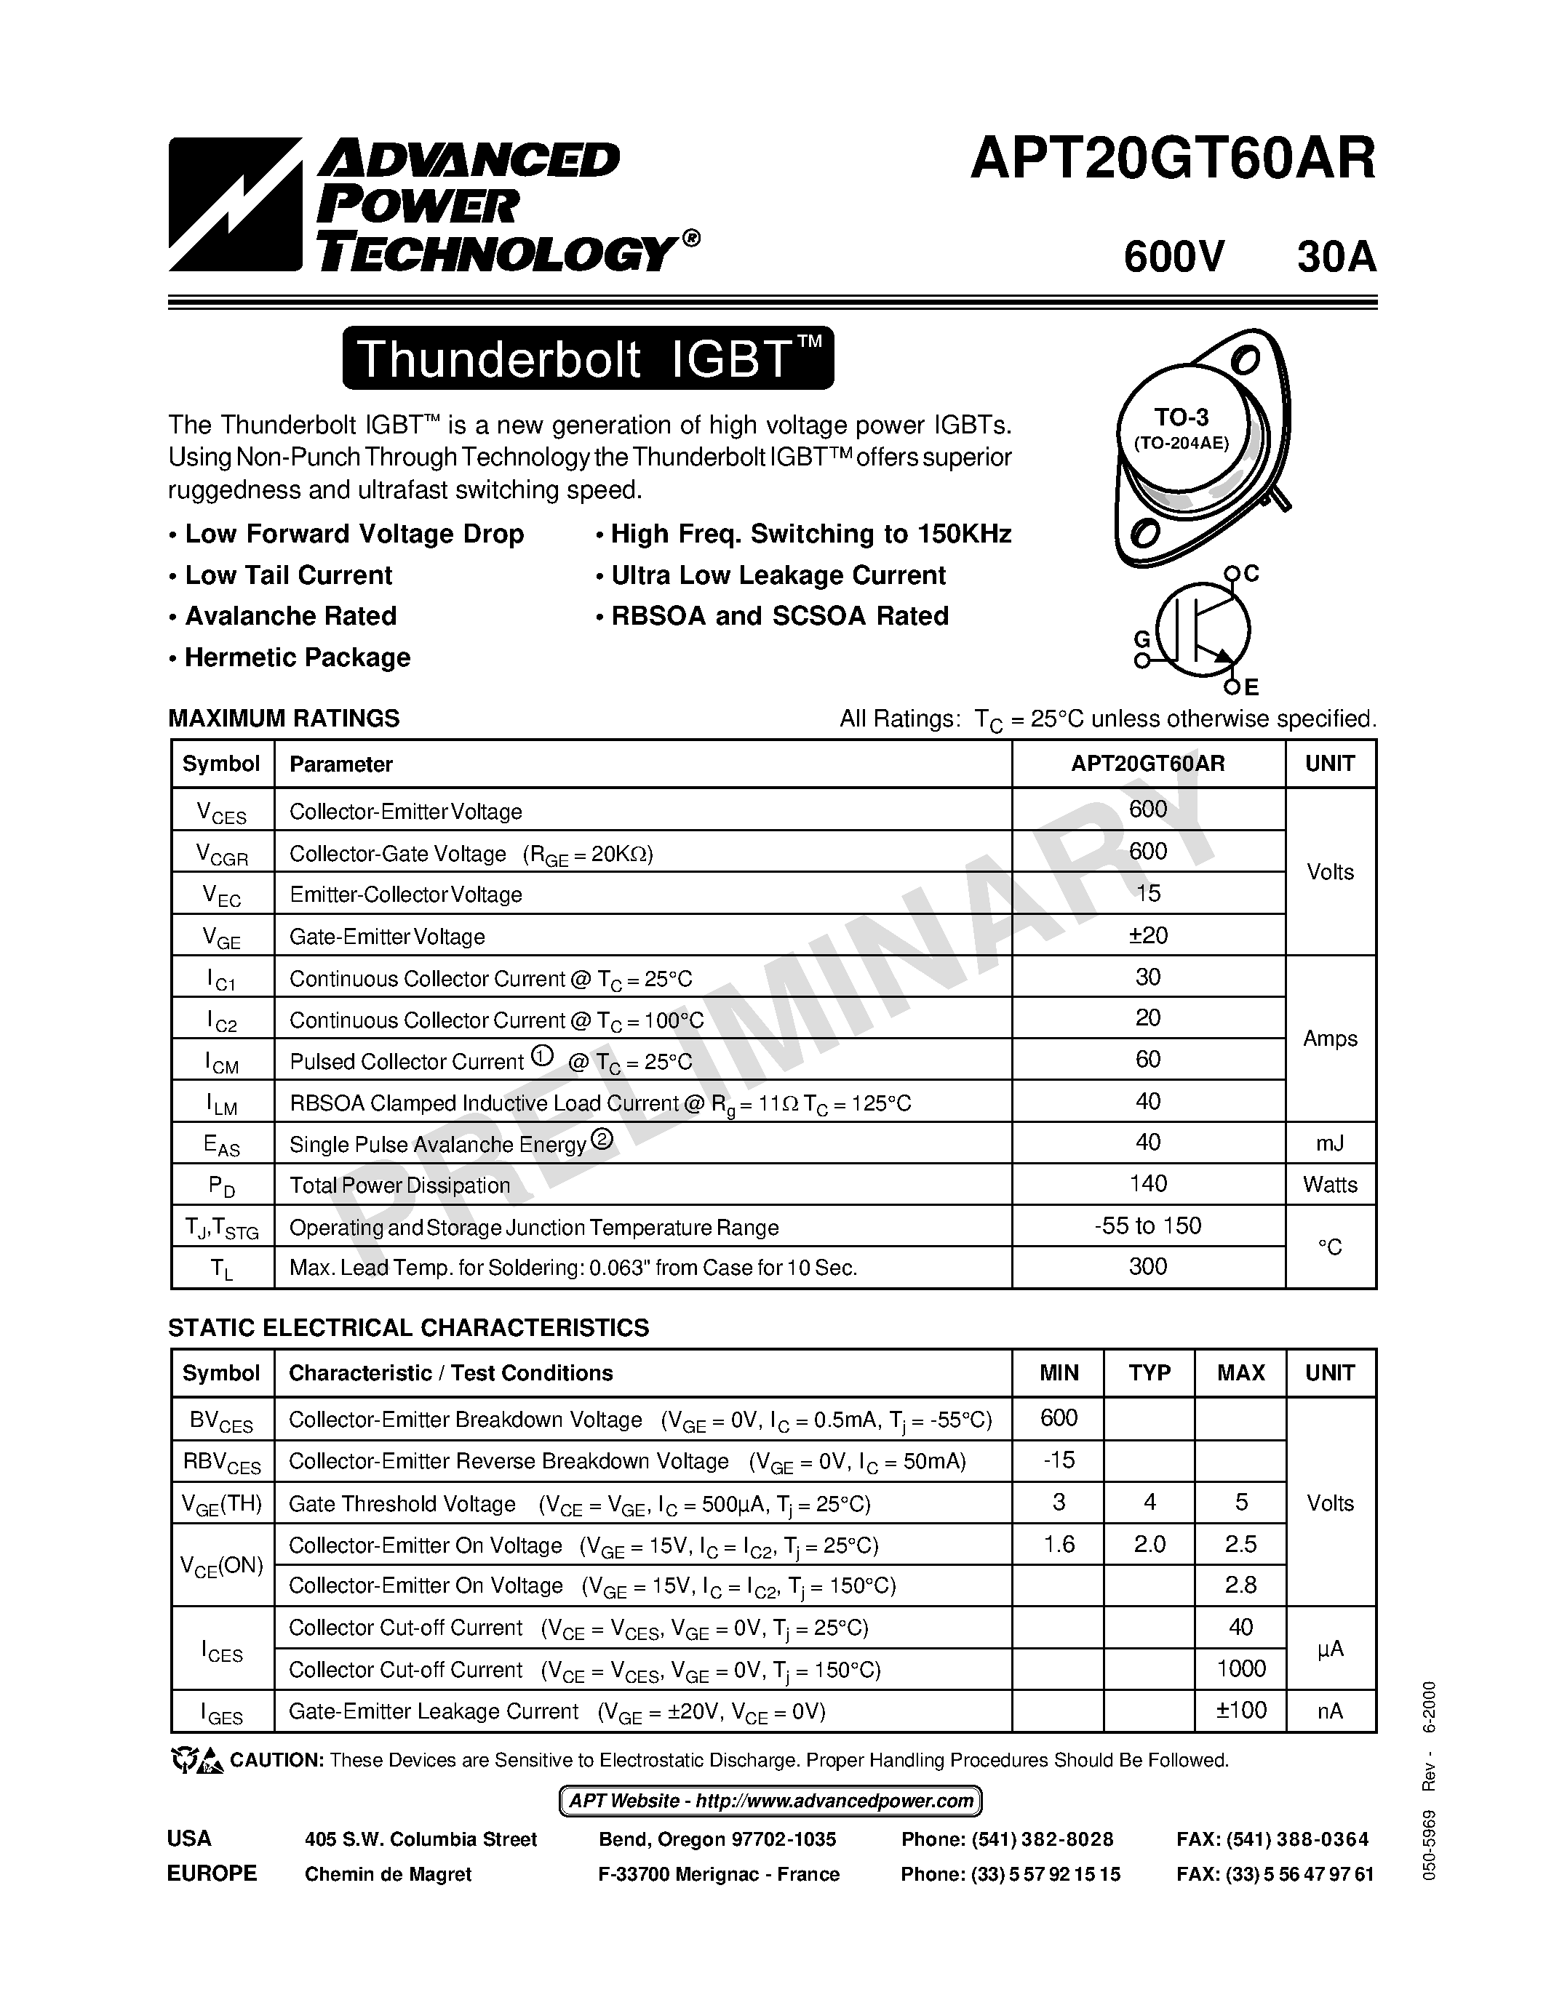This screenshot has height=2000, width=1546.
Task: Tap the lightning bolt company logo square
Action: [234, 204]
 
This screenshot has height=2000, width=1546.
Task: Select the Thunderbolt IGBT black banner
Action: [588, 358]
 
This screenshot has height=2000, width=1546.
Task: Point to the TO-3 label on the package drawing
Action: [1182, 417]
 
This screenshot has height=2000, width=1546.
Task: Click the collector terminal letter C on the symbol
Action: [1252, 573]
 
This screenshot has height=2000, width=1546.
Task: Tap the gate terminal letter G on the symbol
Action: [1142, 639]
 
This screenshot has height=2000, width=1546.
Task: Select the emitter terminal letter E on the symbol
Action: [1251, 687]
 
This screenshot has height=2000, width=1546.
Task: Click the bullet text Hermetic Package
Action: [297, 657]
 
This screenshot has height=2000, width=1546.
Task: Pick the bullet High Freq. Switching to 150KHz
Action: [810, 534]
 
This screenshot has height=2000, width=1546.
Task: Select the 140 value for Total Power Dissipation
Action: [1147, 1183]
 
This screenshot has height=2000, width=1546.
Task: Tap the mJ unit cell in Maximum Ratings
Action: [1330, 1143]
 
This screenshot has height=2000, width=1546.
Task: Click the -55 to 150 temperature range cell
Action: [1147, 1225]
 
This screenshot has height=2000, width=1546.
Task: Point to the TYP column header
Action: [1149, 1372]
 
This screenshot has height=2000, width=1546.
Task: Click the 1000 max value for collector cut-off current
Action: [1241, 1668]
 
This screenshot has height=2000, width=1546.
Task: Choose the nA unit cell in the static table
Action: [1330, 1711]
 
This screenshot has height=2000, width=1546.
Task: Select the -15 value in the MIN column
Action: [1059, 1460]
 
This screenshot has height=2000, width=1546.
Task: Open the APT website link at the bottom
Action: [770, 1801]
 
